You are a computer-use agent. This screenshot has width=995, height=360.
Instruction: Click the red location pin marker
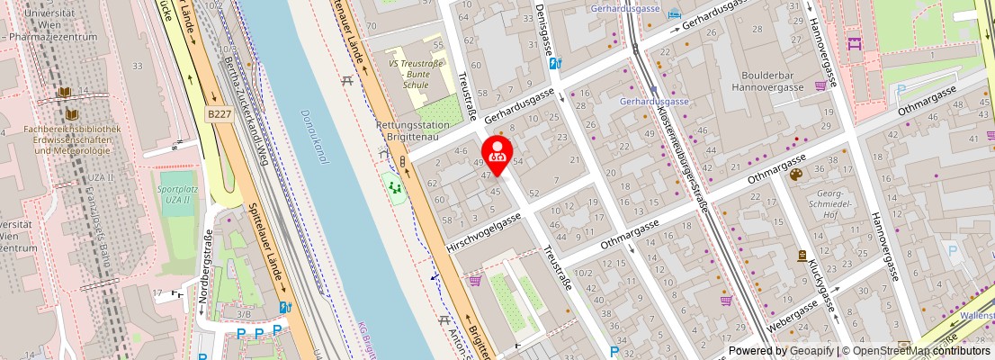point(497,151)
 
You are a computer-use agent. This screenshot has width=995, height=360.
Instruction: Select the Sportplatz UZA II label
point(175,194)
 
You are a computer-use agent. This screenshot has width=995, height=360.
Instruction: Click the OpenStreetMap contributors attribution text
point(917,351)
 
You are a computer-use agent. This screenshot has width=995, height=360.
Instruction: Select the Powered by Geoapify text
point(781,351)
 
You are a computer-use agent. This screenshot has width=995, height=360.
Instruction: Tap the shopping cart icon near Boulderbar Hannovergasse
point(820,85)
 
